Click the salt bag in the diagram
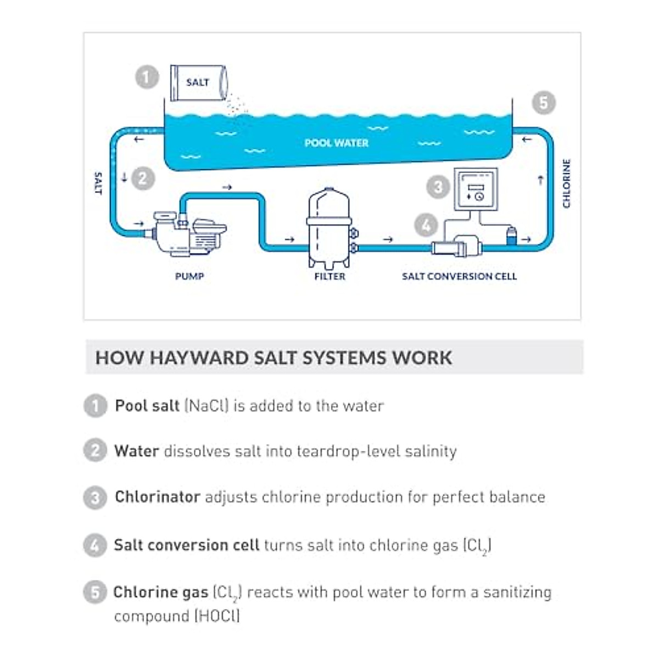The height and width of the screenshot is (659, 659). pos(198,82)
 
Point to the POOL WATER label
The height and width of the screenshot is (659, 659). pos(336,143)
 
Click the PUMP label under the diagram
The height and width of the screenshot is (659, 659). pos(189,276)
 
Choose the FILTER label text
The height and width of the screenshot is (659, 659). pos(329,276)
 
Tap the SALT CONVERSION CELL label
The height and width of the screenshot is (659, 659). pos(459,276)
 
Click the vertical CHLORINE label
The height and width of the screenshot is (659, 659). pos(567,183)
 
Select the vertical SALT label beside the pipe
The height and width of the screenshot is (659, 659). pos(98,183)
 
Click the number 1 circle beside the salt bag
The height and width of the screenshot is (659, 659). pos(147,77)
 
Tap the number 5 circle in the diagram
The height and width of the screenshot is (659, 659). pos(543,103)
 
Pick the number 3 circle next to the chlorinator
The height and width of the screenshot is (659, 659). pos(438,187)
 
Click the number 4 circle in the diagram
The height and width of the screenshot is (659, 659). pos(426,225)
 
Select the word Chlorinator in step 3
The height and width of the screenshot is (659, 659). pos(157,497)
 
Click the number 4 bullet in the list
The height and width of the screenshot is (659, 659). pos(95,546)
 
